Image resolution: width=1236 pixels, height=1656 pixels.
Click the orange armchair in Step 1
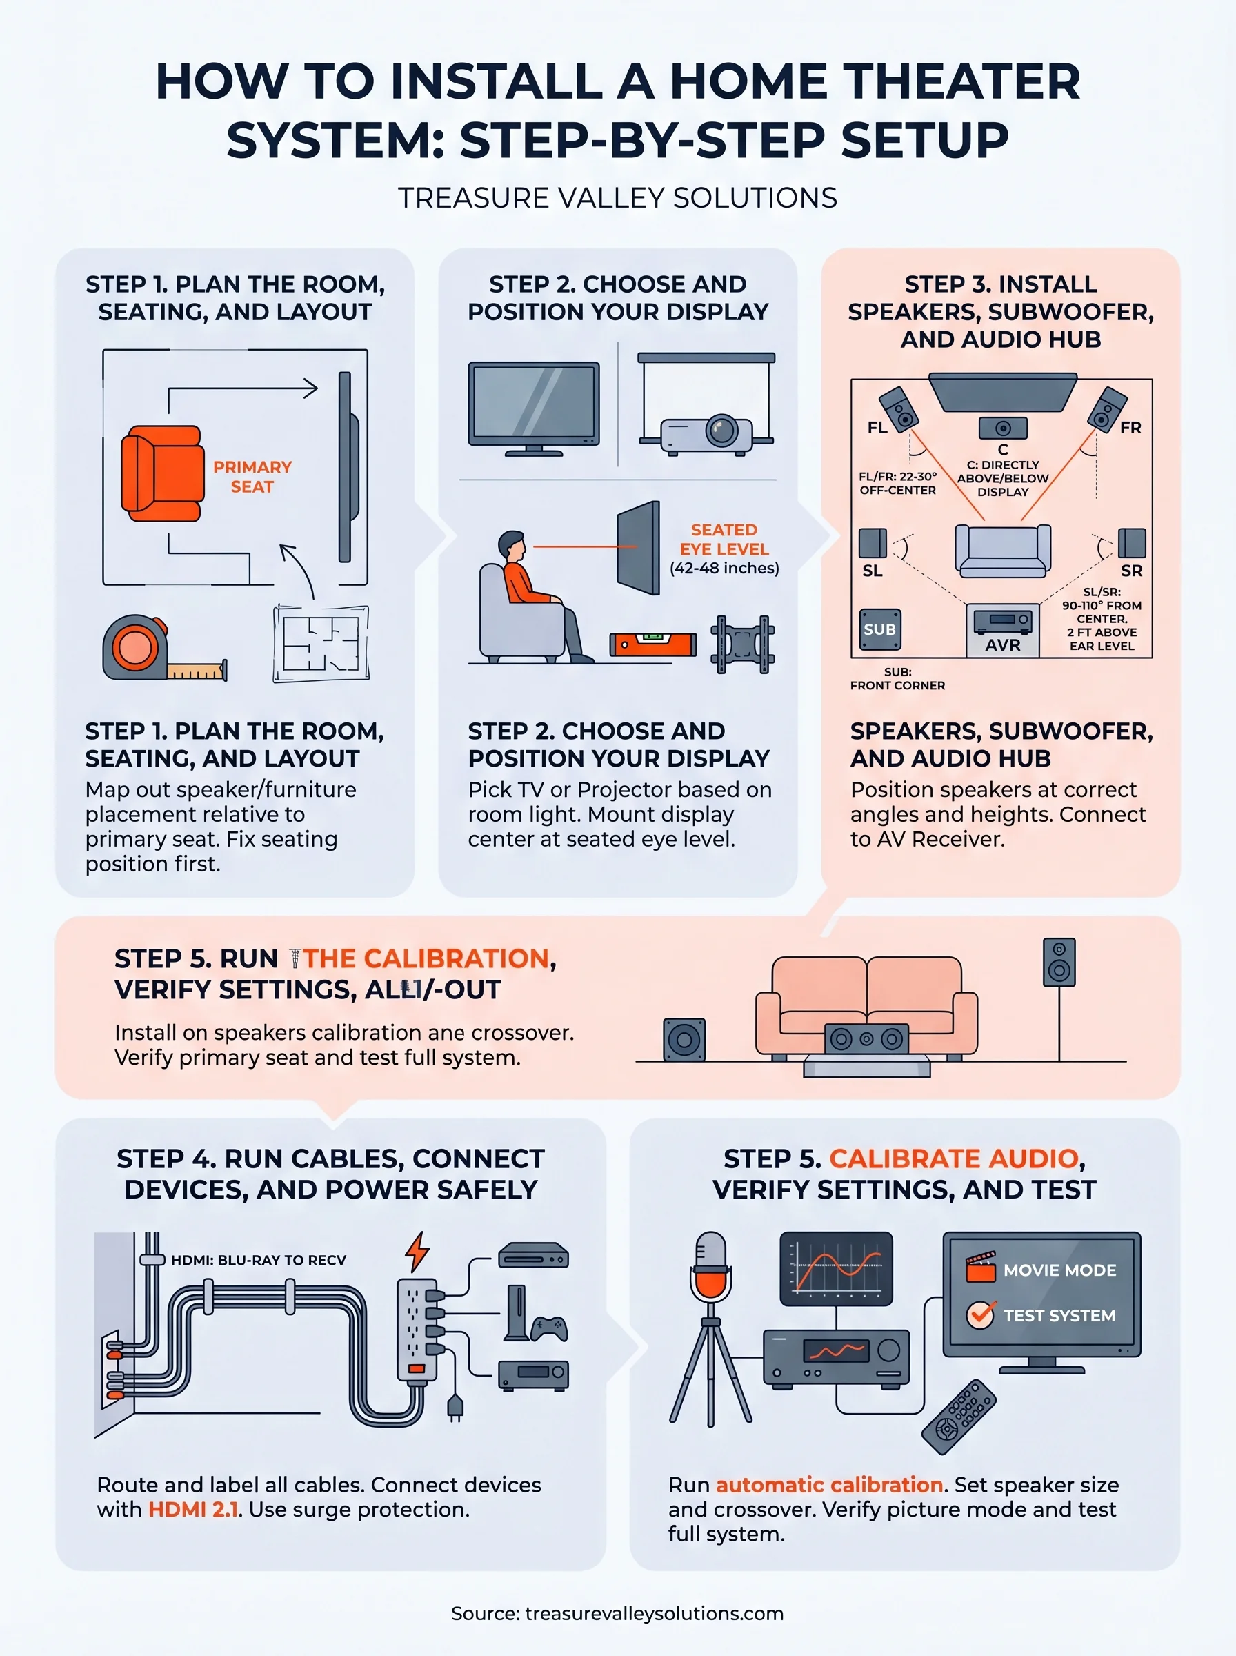[161, 473]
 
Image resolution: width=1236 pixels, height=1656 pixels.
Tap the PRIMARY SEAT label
[252, 477]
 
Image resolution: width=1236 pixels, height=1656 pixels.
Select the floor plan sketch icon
[321, 644]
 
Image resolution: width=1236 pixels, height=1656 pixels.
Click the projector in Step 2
[706, 434]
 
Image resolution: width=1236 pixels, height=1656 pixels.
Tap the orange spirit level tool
[652, 644]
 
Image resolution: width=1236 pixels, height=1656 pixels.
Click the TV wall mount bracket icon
[742, 644]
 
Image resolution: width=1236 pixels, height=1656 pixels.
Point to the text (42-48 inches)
[724, 569]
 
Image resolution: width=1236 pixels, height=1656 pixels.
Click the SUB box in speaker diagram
[880, 630]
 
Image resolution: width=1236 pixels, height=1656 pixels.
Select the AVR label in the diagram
[1003, 645]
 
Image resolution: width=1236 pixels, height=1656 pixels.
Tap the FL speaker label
[877, 428]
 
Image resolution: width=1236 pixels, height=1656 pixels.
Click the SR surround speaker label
[1131, 571]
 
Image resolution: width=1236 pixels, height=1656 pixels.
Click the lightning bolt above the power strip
[417, 1251]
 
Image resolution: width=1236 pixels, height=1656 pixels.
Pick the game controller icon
[549, 1328]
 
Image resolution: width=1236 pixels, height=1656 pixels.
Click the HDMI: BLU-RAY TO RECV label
[259, 1260]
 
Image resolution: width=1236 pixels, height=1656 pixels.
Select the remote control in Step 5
[959, 1417]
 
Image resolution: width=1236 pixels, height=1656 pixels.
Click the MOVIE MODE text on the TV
[1059, 1270]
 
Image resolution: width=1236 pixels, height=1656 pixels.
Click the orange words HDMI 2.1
[193, 1509]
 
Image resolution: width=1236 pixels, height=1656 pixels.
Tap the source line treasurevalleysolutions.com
[617, 1613]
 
